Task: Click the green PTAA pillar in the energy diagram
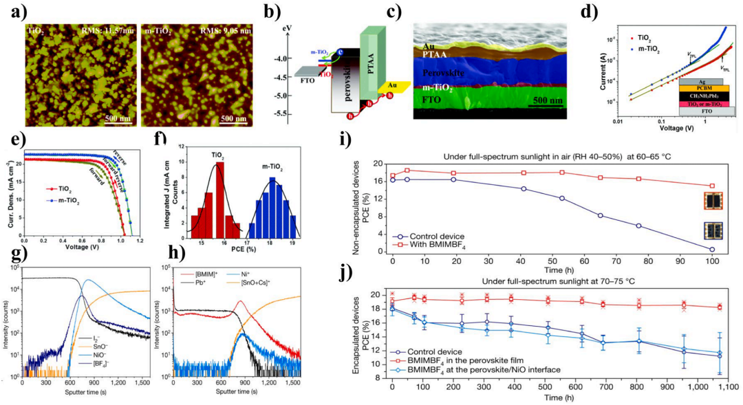369,62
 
